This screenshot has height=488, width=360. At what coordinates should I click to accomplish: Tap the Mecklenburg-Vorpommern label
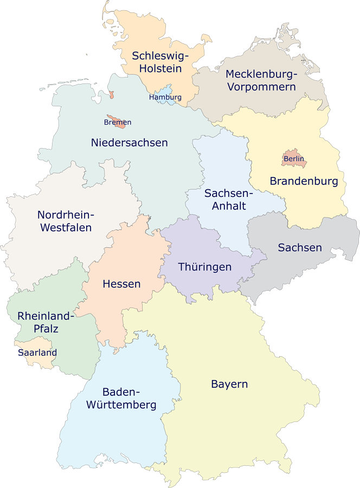point(261,80)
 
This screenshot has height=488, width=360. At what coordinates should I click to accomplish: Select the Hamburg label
point(165,98)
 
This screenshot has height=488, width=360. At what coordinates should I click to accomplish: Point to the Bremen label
point(118,123)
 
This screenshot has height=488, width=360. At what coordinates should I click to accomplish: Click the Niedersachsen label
point(130,143)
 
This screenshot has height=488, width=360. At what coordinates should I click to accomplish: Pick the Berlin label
point(294,159)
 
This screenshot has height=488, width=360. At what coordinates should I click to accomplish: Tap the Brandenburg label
point(304,181)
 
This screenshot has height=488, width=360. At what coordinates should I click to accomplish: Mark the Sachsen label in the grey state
point(300,248)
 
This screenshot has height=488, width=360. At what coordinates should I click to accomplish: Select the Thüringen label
point(205,267)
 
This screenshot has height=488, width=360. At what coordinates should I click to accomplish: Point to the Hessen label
point(121,284)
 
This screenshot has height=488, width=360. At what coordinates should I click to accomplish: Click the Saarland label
point(37,352)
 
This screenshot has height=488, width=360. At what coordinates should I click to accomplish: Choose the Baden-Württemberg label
point(129,399)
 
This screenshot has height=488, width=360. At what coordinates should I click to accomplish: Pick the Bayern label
point(229,384)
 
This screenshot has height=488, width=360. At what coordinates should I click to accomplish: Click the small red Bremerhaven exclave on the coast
point(112,95)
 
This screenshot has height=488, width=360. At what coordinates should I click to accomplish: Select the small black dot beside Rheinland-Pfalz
point(20,325)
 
